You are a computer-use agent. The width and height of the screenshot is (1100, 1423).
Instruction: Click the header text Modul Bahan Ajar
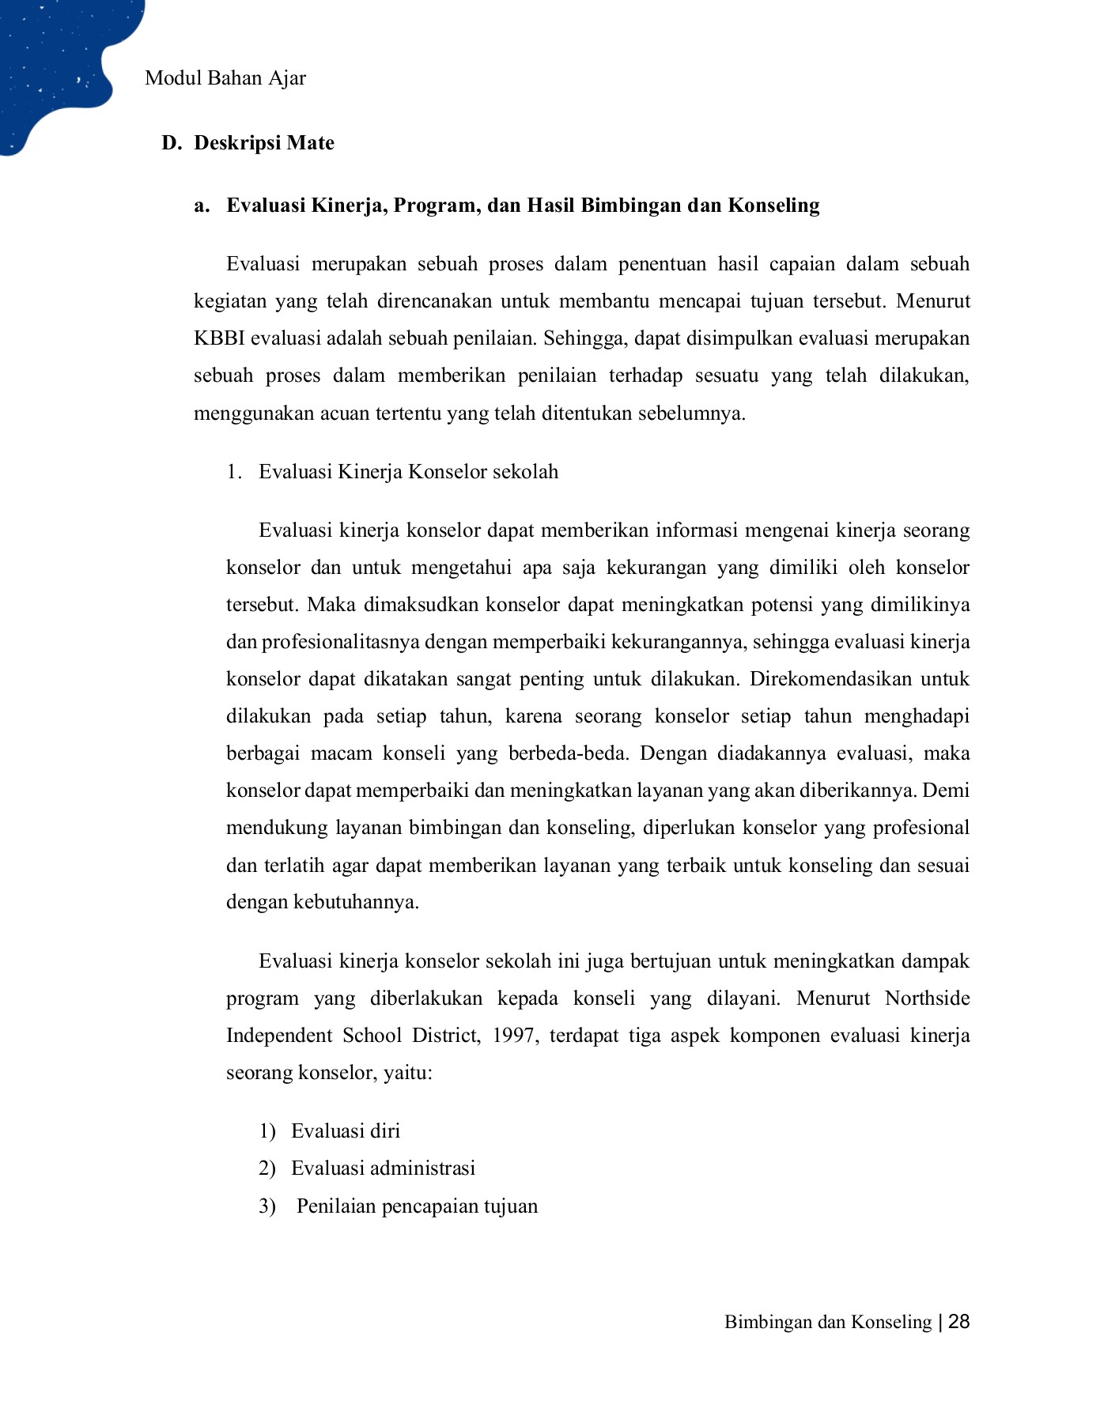(x=225, y=78)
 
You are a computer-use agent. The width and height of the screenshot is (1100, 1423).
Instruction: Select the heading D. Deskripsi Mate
(x=248, y=143)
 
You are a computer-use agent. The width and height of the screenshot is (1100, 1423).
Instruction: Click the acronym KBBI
(x=219, y=338)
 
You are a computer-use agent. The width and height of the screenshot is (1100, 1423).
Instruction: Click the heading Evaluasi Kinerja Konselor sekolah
(x=408, y=472)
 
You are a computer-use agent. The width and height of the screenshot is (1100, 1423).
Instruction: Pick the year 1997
(x=515, y=1036)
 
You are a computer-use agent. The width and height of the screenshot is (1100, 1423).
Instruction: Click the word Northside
(x=927, y=998)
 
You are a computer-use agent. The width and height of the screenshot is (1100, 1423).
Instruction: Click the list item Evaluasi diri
(x=346, y=1131)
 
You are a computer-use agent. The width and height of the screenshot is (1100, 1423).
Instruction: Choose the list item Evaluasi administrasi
(x=383, y=1168)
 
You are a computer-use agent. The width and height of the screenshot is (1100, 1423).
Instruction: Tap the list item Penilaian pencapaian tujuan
(x=417, y=1206)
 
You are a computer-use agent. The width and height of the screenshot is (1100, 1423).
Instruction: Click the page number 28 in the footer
(x=958, y=1322)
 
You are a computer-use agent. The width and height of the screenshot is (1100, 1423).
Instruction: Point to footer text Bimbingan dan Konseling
(x=827, y=1323)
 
